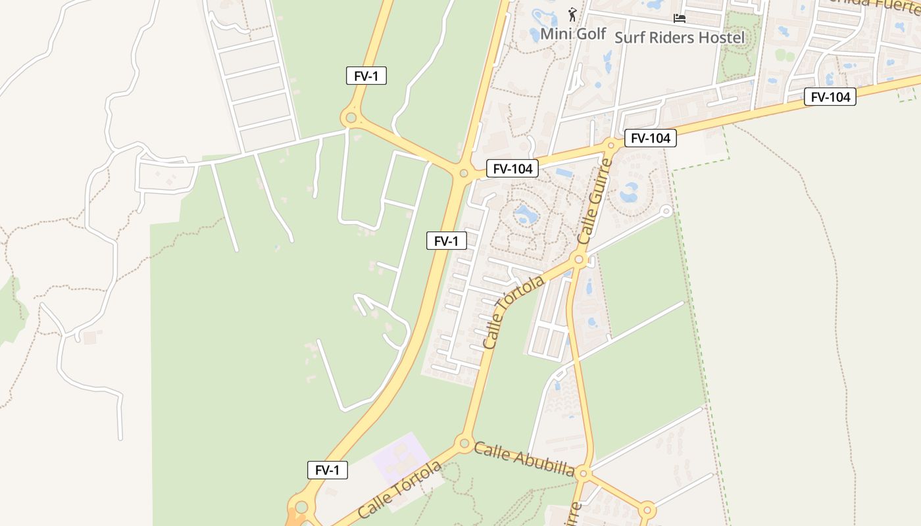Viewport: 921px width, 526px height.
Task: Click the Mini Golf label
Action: pos(573,34)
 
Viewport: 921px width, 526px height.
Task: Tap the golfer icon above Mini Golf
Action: pos(572,14)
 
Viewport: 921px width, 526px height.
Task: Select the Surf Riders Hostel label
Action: pos(680,37)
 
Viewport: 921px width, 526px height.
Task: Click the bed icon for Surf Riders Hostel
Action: pos(680,18)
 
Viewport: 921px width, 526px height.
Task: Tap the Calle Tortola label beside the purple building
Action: pos(400,489)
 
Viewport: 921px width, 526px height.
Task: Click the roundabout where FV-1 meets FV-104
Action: pos(464,174)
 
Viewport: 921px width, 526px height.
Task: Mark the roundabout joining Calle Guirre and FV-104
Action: pos(610,145)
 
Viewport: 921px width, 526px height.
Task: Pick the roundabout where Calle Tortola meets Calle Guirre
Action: pos(579,260)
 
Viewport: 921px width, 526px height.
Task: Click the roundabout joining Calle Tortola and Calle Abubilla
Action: pos(464,442)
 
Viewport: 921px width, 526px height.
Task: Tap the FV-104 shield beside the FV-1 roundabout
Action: pos(512,168)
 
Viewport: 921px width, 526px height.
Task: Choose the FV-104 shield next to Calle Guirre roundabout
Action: pos(650,138)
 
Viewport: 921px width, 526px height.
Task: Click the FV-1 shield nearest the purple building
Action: pos(327,470)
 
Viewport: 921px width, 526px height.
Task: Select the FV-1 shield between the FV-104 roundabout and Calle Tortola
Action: pos(446,241)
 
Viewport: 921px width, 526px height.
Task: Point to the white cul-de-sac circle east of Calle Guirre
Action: pos(666,211)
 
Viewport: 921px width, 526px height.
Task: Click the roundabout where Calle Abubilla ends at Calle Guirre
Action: pos(584,473)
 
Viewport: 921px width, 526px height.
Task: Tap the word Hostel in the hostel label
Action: pos(721,37)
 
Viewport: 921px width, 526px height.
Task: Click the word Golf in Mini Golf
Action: pos(592,34)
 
